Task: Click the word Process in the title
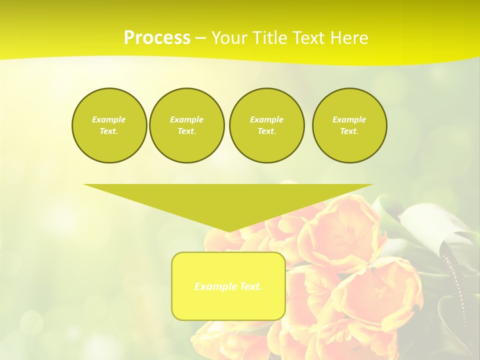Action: pos(157,37)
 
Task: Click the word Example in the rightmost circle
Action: pos(349,119)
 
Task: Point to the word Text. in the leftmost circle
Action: pos(109,131)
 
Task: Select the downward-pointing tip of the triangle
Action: pos(228,230)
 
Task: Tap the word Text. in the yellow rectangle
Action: pos(250,286)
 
